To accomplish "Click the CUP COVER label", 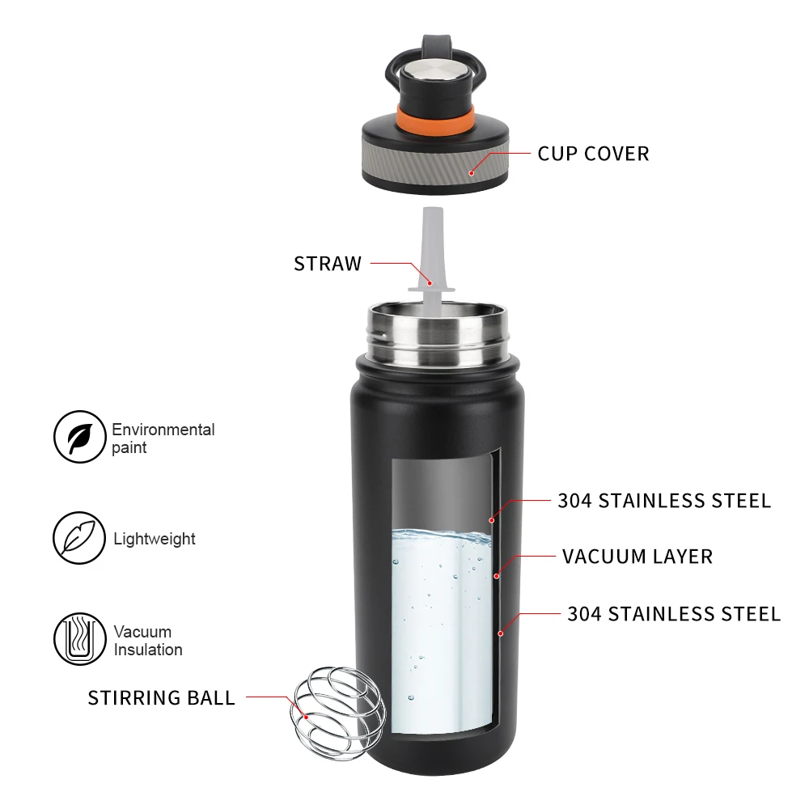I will click(593, 153).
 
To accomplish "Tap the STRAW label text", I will click(328, 264).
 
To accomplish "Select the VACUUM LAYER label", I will click(637, 557).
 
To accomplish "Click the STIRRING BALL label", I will click(162, 697).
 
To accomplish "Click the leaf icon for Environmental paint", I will click(79, 437).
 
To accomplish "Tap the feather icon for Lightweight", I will click(79, 538).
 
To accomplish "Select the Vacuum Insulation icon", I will click(79, 639).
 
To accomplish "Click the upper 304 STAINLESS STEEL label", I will click(664, 501).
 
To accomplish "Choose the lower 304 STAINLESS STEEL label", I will click(674, 614).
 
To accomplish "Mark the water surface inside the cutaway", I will click(441, 535).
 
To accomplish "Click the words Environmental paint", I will click(163, 438).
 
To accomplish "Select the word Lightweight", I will click(155, 539).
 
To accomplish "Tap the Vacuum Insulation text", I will click(147, 640).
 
